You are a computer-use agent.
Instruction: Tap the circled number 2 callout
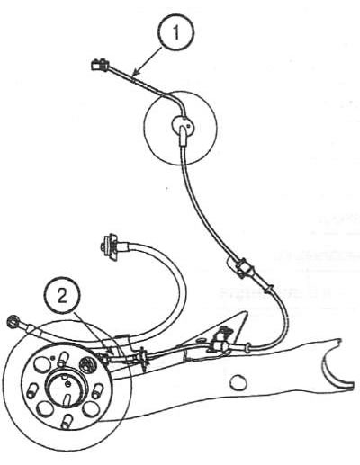62,297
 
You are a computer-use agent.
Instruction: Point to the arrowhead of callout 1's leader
134,73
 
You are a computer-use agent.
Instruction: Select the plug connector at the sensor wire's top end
99,64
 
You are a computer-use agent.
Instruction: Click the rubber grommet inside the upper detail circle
182,124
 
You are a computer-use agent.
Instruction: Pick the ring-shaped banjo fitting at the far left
13,322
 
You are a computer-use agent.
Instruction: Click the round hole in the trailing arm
238,381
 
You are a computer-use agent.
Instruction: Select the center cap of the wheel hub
67,389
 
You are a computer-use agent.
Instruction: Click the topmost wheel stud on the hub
62,359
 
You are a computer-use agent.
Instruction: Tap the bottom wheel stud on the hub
66,420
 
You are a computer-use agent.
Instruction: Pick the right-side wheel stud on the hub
96,390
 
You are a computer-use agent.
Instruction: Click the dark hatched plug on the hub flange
87,364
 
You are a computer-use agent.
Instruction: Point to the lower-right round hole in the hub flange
90,409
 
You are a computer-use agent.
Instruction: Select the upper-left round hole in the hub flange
40,364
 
